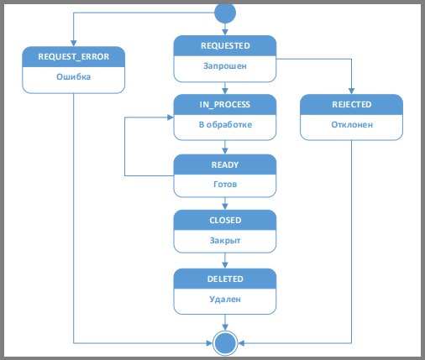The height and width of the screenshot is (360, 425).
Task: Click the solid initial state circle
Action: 225,13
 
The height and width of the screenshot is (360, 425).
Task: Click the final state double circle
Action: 225,343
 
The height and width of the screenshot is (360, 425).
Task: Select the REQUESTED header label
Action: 225,45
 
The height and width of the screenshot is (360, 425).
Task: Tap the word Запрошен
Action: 225,66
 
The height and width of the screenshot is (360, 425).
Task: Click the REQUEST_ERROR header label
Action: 74,57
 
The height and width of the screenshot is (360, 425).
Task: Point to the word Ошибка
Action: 74,76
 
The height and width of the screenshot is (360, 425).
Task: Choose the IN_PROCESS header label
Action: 225,105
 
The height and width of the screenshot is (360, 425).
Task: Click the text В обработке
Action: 225,124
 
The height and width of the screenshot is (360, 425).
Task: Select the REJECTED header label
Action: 352,104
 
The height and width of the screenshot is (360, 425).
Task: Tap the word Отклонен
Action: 352,124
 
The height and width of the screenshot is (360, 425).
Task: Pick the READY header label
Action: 225,164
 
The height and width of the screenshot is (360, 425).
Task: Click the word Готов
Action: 225,185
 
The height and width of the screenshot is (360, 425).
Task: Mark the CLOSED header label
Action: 225,221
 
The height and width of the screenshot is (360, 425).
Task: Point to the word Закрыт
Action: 225,241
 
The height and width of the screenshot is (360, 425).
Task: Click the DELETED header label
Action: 225,279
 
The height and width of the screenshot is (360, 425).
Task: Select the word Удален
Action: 225,300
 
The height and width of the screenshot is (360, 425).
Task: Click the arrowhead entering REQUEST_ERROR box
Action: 74,44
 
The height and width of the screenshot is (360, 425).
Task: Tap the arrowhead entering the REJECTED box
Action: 351,91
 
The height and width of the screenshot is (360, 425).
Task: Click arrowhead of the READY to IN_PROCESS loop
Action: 171,117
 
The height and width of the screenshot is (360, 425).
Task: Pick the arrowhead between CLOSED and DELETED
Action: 225,265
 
